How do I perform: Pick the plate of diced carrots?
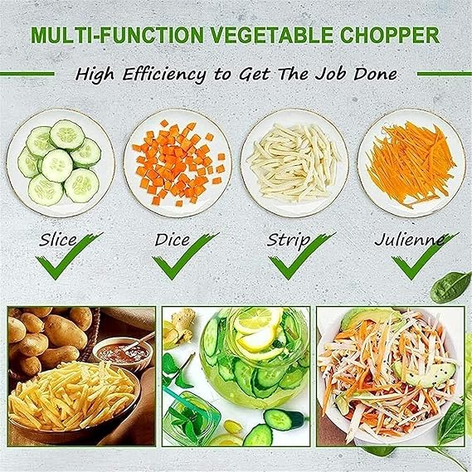tap(178, 163)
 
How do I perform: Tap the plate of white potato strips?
tap(294, 163)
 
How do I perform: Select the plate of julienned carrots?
tap(411, 163)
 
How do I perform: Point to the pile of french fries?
tap(71, 398)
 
